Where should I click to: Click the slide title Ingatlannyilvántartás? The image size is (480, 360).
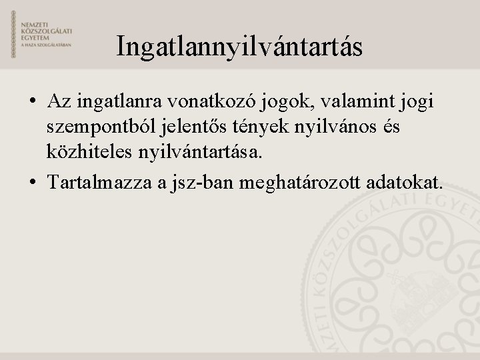[x=239, y=47]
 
